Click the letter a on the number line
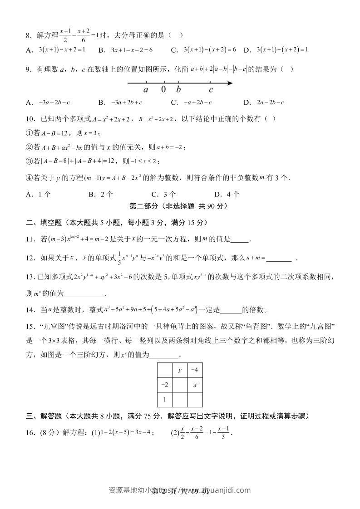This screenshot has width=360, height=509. coord(146,90)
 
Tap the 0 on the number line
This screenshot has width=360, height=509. coord(163,89)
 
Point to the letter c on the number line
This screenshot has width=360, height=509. coord(211,90)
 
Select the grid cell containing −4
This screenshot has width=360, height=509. coord(195,370)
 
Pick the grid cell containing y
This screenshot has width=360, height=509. coord(180,370)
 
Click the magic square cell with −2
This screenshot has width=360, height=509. coord(165,385)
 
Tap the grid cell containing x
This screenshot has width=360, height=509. coord(195,385)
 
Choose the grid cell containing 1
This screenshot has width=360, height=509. coord(165,399)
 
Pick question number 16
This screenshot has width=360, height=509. coord(31,433)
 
